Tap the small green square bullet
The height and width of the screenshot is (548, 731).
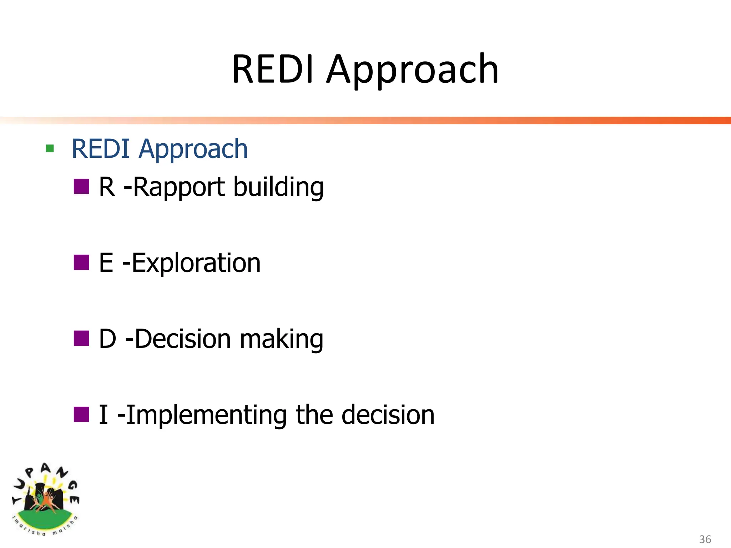[50, 148]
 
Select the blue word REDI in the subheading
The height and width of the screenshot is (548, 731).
[101, 149]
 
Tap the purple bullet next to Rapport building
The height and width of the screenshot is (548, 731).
[81, 187]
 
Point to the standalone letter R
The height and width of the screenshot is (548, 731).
[107, 187]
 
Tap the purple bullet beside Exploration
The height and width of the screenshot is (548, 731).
[81, 263]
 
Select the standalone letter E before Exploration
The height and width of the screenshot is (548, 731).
[106, 263]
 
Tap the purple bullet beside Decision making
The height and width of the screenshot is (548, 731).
[81, 339]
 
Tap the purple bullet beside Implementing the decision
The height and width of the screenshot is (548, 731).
[81, 415]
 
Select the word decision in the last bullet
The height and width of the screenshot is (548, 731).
[388, 415]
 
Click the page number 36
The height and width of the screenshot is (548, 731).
[705, 539]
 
